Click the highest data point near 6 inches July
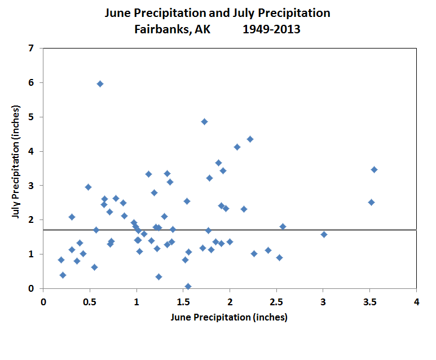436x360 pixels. pos(100,84)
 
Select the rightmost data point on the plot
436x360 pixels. pos(374,169)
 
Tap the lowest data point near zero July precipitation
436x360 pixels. pos(188,286)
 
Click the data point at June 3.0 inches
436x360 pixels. pos(324,234)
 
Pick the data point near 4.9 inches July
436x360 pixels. pos(204,121)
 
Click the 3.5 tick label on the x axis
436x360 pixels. pos(370,302)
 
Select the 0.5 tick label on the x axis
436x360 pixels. pos(90,302)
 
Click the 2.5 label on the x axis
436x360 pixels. pos(276,302)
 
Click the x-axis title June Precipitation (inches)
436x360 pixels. pos(229,317)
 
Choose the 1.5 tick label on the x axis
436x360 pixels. pos(183,302)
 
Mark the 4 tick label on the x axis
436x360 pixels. pos(416,302)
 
